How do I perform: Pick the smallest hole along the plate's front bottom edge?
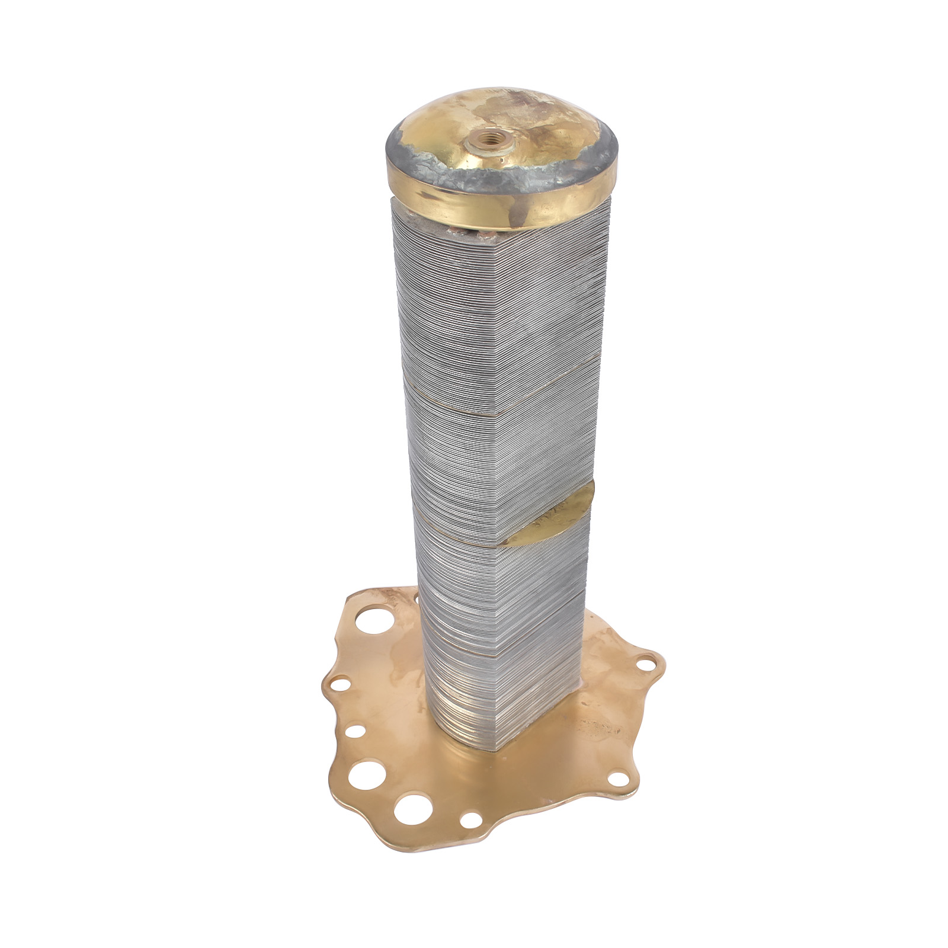click(x=471, y=821)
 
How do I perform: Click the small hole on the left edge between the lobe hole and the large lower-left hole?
click(x=354, y=731)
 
